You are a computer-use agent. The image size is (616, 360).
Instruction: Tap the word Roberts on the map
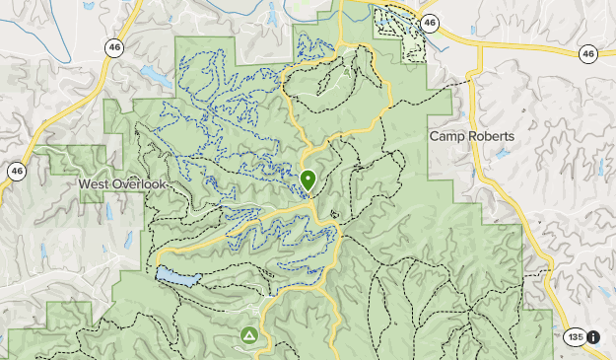[493, 136]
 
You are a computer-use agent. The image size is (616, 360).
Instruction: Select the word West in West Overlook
[97, 184]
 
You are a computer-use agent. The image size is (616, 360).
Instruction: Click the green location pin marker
[308, 180]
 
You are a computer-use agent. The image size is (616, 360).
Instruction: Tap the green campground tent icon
[248, 336]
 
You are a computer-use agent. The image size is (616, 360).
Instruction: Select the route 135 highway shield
[575, 337]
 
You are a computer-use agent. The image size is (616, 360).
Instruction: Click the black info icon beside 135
[593, 337]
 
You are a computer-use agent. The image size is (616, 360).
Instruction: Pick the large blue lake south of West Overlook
[177, 276]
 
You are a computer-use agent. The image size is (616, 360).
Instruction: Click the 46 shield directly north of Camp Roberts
[429, 21]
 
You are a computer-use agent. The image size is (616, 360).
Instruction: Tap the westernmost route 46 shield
[17, 171]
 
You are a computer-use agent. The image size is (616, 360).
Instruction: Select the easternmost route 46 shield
[588, 53]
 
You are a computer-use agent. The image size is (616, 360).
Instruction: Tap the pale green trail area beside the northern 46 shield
[398, 35]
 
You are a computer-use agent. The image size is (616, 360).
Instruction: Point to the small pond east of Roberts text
[504, 154]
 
